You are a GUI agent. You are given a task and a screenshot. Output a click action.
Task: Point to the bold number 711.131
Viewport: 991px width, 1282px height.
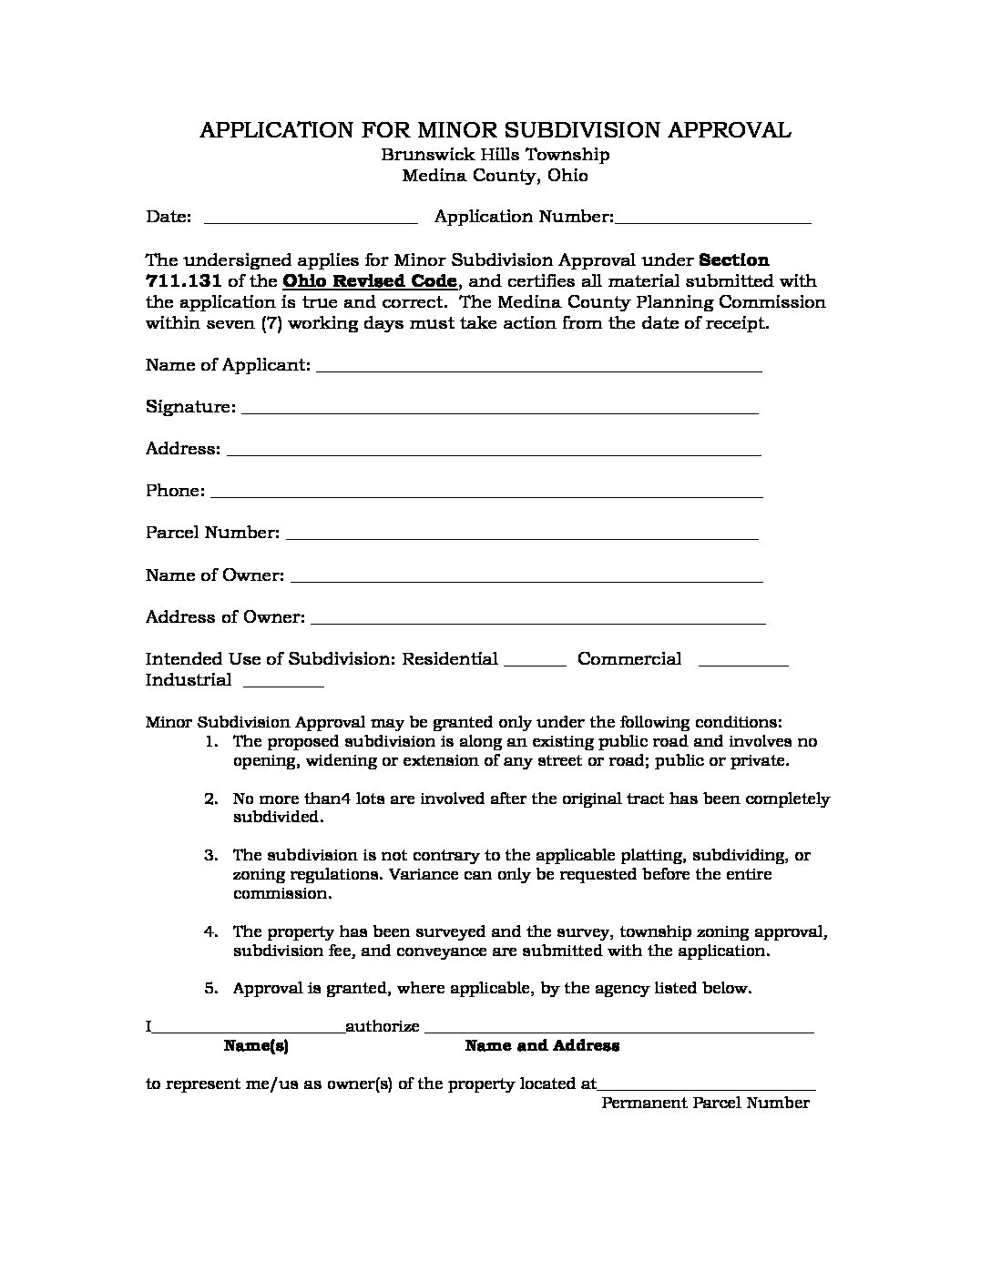click(x=183, y=281)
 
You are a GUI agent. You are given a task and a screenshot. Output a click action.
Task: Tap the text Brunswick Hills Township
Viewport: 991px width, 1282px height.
click(x=495, y=155)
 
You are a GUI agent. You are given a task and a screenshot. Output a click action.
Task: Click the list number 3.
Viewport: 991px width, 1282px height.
click(x=211, y=856)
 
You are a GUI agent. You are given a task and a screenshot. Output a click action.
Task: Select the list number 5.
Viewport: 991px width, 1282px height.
click(x=211, y=989)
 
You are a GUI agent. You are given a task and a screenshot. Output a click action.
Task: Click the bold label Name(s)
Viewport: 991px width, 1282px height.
click(x=256, y=1047)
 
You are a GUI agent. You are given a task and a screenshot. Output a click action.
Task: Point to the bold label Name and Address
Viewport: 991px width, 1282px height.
click(x=542, y=1046)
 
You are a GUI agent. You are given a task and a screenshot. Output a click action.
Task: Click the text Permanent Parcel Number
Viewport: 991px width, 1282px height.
click(x=705, y=1104)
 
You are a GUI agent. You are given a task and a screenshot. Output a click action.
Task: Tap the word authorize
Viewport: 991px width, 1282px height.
click(x=383, y=1027)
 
